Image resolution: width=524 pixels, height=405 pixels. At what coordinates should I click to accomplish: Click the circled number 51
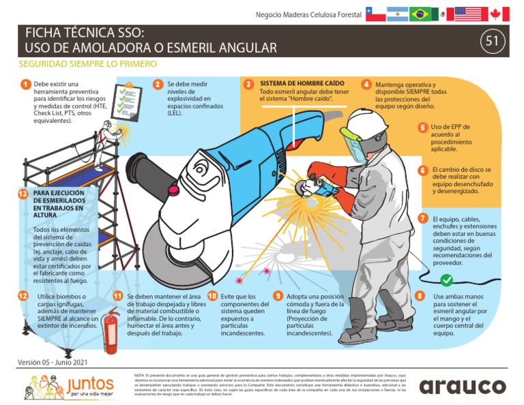tap(491, 42)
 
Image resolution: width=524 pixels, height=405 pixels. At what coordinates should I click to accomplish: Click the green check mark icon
tap(446, 280)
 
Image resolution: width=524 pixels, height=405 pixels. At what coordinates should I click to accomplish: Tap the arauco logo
tap(463, 386)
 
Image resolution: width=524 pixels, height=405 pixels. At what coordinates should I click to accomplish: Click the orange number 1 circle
tap(25, 85)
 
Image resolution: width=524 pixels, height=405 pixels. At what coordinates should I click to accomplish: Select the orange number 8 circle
tap(420, 296)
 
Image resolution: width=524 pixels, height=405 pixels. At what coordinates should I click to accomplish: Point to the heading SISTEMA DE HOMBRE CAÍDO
tap(294, 83)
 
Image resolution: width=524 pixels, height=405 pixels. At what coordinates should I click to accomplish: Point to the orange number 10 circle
tap(212, 296)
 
